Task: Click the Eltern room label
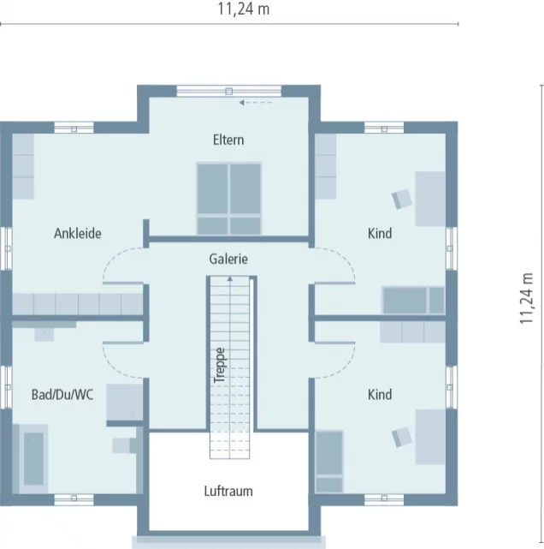click(228, 140)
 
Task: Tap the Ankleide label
click(78, 233)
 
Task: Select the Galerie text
click(228, 260)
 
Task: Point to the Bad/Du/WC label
click(62, 395)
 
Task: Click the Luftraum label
click(228, 491)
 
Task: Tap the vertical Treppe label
click(220, 365)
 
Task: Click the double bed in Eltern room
click(229, 199)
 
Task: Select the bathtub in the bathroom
click(33, 459)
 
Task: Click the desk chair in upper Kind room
click(402, 199)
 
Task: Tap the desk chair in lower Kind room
click(402, 437)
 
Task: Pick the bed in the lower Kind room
click(329, 462)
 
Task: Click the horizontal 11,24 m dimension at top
click(244, 9)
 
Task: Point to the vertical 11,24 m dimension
click(526, 298)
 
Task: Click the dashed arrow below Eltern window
click(256, 103)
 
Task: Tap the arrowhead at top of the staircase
click(230, 278)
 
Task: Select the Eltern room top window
click(228, 91)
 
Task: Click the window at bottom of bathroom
click(74, 498)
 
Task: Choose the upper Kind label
click(380, 233)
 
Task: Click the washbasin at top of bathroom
click(44, 334)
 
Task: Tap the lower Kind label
click(380, 395)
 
